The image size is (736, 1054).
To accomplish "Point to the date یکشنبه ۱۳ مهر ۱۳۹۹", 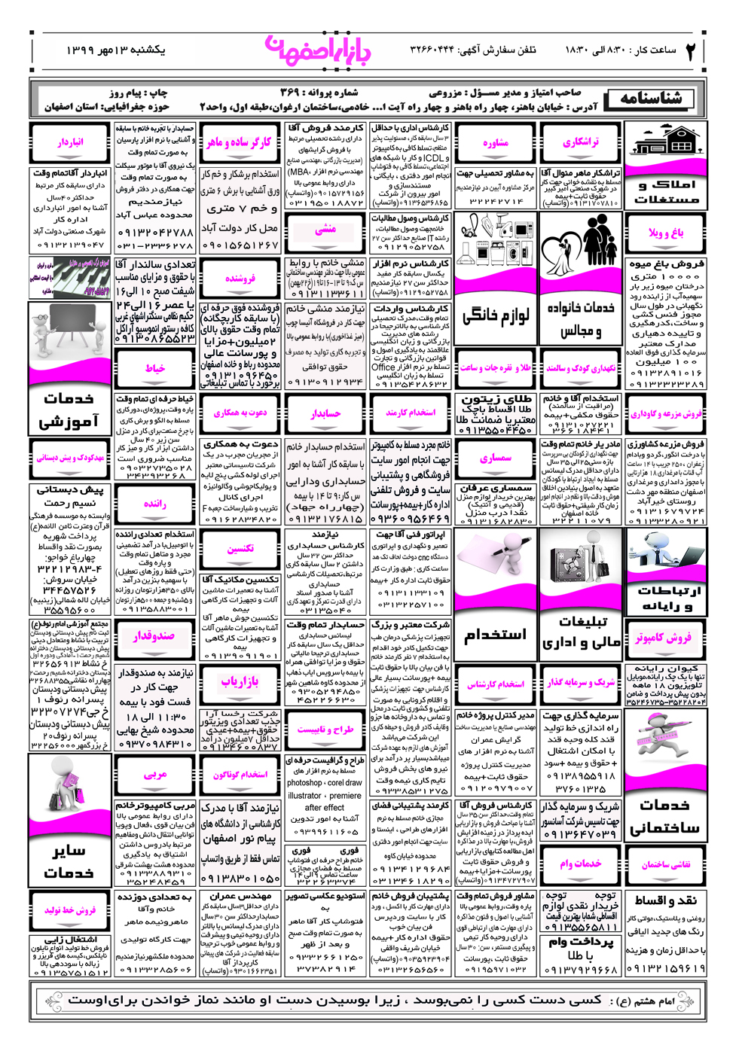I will pos(115,50).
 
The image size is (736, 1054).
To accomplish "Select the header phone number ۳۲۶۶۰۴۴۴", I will pos(432,50).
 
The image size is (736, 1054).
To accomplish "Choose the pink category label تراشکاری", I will pos(581,142).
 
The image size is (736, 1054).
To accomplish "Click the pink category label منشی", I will pos(325,230).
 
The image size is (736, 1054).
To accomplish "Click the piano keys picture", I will pos(70,278).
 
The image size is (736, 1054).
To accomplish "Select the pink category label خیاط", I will pos(155,368).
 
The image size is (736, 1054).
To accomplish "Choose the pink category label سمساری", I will pos(496,458).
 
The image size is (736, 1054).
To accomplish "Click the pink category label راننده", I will pos(155,504).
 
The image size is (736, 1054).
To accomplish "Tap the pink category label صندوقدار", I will pos(155,636).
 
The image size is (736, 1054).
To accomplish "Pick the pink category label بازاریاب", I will pos(240,681).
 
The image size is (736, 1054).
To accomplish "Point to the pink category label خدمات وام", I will pos(581,864).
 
